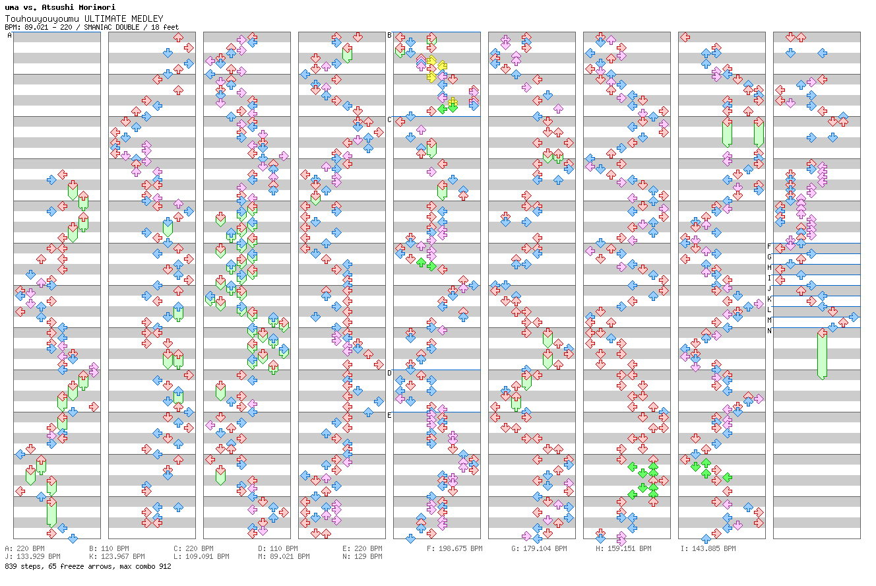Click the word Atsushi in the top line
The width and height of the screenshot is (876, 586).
(x=56, y=7)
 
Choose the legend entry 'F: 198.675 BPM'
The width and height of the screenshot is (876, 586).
(x=454, y=548)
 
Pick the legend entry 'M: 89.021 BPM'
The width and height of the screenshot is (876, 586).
(x=284, y=556)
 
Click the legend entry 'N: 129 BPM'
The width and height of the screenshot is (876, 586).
(x=362, y=556)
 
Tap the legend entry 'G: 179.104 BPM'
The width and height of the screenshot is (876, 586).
(x=539, y=548)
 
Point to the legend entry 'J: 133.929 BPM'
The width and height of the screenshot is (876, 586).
(x=32, y=556)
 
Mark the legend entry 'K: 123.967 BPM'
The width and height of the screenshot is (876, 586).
(x=117, y=556)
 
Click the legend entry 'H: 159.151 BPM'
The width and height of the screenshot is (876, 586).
(x=623, y=548)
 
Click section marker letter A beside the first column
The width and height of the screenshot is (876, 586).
(x=9, y=36)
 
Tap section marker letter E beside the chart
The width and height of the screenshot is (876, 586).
(x=389, y=415)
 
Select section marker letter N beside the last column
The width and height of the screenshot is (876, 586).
(x=769, y=331)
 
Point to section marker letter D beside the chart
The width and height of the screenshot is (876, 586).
(x=389, y=373)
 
